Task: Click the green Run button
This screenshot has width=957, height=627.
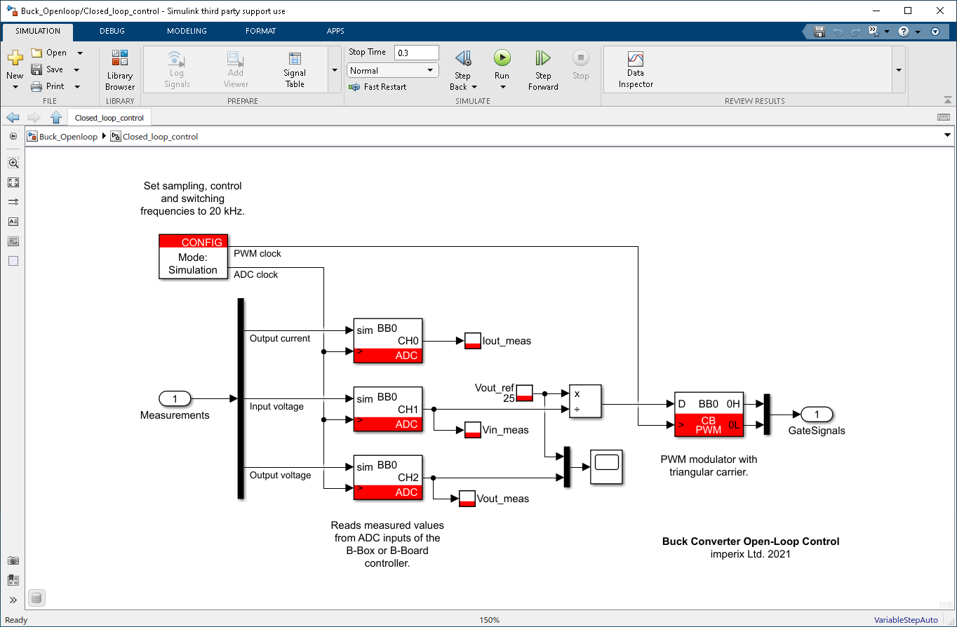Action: click(x=502, y=58)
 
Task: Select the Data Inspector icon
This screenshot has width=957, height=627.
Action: click(x=636, y=60)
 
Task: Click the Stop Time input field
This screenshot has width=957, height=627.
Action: click(x=417, y=53)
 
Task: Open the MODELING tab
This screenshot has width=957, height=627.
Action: click(x=187, y=31)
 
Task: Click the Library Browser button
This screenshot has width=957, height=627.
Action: click(x=120, y=70)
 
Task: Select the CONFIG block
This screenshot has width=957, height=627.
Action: click(x=193, y=257)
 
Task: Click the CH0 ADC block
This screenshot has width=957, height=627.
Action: click(x=388, y=342)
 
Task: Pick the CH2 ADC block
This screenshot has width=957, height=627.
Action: click(x=388, y=478)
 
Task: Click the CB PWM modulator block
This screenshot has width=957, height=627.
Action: click(x=709, y=414)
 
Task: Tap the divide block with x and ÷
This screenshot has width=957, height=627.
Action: click(x=585, y=401)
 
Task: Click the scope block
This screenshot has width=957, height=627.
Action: click(x=606, y=464)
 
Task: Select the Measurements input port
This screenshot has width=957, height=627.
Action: click(x=175, y=399)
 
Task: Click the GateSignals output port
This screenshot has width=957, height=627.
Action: click(x=817, y=414)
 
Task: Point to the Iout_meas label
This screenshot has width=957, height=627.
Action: click(x=507, y=341)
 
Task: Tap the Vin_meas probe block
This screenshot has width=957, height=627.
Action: click(x=473, y=430)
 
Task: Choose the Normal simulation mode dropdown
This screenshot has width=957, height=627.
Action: click(x=392, y=70)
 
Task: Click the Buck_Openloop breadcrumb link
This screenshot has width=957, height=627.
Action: click(x=68, y=137)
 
